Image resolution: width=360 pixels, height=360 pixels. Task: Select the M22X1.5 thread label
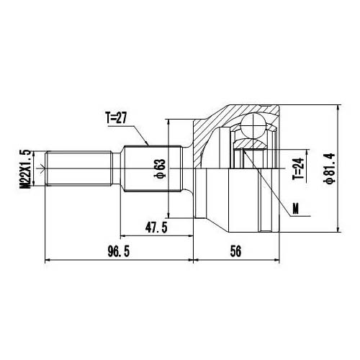point(27,170)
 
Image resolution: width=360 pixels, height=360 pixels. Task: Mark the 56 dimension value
point(236,251)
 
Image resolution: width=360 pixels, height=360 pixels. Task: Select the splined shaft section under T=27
point(148,171)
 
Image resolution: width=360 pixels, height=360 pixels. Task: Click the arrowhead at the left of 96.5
point(48,259)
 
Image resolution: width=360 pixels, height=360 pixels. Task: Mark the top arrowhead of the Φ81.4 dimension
point(337,107)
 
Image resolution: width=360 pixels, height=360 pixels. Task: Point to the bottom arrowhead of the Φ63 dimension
point(168,215)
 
